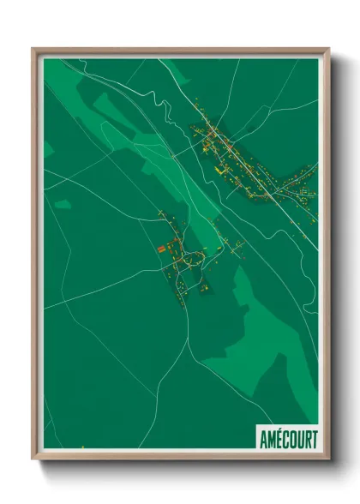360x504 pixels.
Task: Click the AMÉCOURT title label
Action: point(288,439)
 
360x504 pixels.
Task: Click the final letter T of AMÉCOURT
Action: point(314,439)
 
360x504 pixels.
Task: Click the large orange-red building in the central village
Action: point(160,249)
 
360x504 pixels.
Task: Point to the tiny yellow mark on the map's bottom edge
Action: point(83,447)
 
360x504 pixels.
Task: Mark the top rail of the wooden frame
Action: point(180,51)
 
